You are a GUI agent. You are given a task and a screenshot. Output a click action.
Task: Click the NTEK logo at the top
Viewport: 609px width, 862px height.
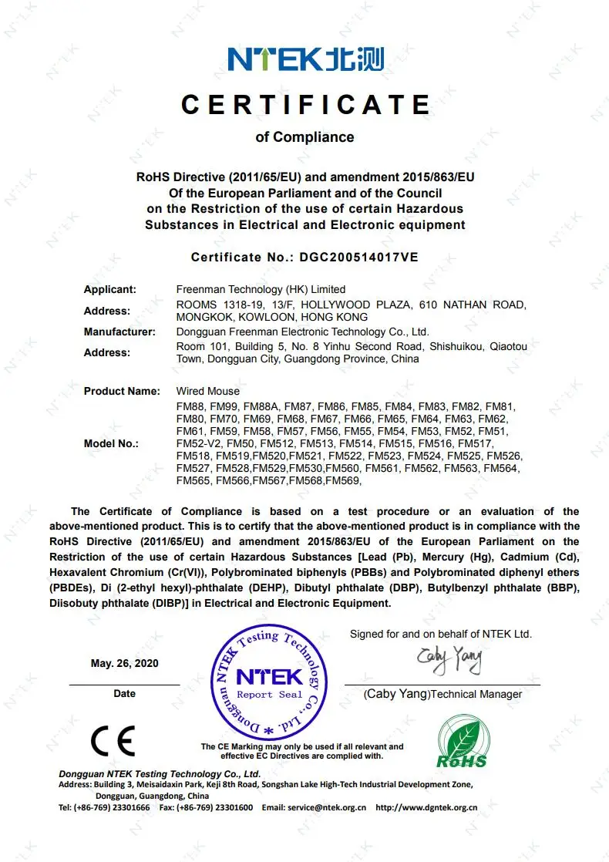(x=304, y=59)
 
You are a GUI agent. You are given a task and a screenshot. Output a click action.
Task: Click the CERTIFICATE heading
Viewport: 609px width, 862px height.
(x=305, y=104)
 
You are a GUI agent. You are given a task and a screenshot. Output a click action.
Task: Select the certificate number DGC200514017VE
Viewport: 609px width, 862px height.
(x=360, y=257)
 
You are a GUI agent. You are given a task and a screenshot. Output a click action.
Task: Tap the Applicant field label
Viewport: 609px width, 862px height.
(x=110, y=289)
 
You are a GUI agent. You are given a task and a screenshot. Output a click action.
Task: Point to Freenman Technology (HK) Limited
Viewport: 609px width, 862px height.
(x=261, y=289)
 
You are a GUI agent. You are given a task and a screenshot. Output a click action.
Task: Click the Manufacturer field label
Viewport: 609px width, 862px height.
(x=119, y=332)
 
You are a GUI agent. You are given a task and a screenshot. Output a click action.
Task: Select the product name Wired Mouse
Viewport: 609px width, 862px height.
(x=207, y=391)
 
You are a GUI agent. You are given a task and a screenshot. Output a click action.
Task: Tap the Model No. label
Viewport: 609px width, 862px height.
(x=111, y=443)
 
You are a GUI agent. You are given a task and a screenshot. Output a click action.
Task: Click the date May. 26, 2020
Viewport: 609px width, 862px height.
(x=124, y=663)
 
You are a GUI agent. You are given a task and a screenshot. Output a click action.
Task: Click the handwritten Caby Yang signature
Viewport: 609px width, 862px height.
(x=449, y=659)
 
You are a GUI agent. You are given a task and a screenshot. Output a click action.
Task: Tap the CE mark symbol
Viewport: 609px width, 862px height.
(x=113, y=741)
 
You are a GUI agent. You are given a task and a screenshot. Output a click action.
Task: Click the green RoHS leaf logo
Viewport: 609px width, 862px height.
(x=463, y=742)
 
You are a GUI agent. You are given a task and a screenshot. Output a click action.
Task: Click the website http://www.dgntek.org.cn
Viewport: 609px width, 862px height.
(x=426, y=807)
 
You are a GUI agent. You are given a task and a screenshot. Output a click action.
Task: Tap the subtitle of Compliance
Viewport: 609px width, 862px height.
(x=304, y=137)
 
